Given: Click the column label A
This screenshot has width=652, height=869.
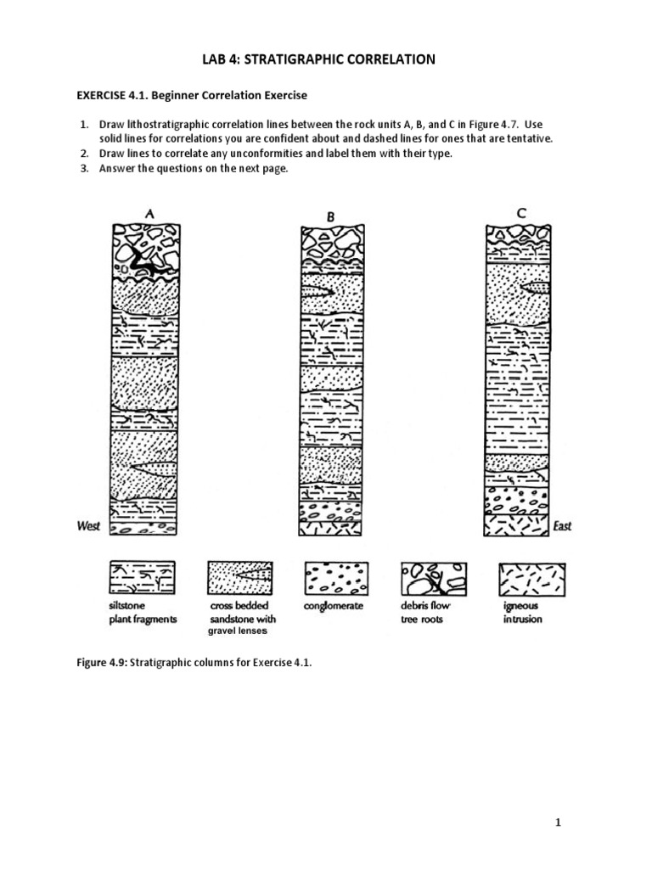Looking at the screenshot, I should tap(149, 214).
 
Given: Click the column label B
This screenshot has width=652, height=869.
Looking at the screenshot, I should tap(330, 217).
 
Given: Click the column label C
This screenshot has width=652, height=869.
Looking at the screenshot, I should tap(520, 214).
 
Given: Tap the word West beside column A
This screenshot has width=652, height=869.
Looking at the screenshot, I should tap(87, 526).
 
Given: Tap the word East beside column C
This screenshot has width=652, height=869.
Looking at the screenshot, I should tap(562, 526).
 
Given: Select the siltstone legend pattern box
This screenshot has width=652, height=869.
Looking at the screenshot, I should tap(143, 577).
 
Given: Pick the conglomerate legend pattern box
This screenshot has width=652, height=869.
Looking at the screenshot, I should tap(337, 577).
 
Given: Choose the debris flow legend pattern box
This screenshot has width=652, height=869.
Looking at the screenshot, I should tap(433, 577).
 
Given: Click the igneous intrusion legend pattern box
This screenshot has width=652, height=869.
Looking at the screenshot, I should tap(532, 577).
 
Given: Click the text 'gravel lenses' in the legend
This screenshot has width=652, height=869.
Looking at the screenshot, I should tap(238, 631).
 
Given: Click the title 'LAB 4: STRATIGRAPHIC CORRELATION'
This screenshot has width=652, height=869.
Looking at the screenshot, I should tap(326, 59).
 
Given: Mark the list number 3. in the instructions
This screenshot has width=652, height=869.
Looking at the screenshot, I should tap(85, 168).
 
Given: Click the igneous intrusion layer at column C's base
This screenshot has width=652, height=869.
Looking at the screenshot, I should tap(517, 525).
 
